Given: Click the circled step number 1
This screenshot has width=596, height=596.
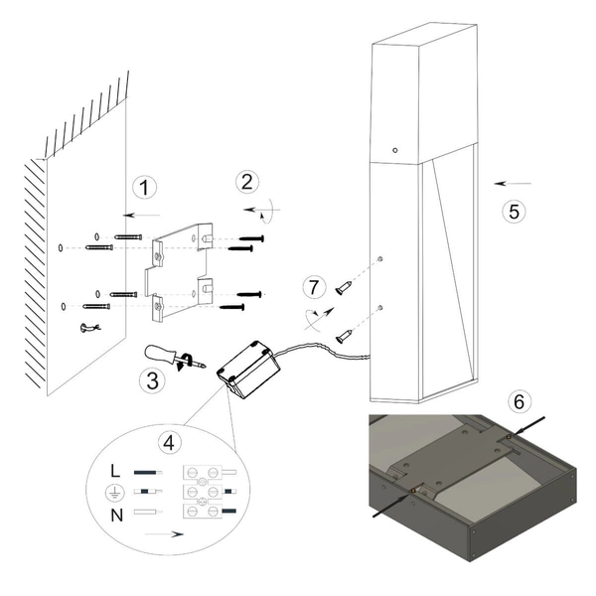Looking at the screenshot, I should coord(145,188).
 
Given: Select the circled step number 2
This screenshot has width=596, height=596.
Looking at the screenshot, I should coord(246,183).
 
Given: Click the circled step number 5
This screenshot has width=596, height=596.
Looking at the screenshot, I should coord(512,212).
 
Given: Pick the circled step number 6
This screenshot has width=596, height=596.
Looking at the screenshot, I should coord(516,402).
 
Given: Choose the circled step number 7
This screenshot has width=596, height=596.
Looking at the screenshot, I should coord(314,288).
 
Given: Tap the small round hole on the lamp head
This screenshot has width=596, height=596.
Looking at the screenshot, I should coord(395,149).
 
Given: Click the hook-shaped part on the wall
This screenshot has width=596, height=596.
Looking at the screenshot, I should coord(89,327).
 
